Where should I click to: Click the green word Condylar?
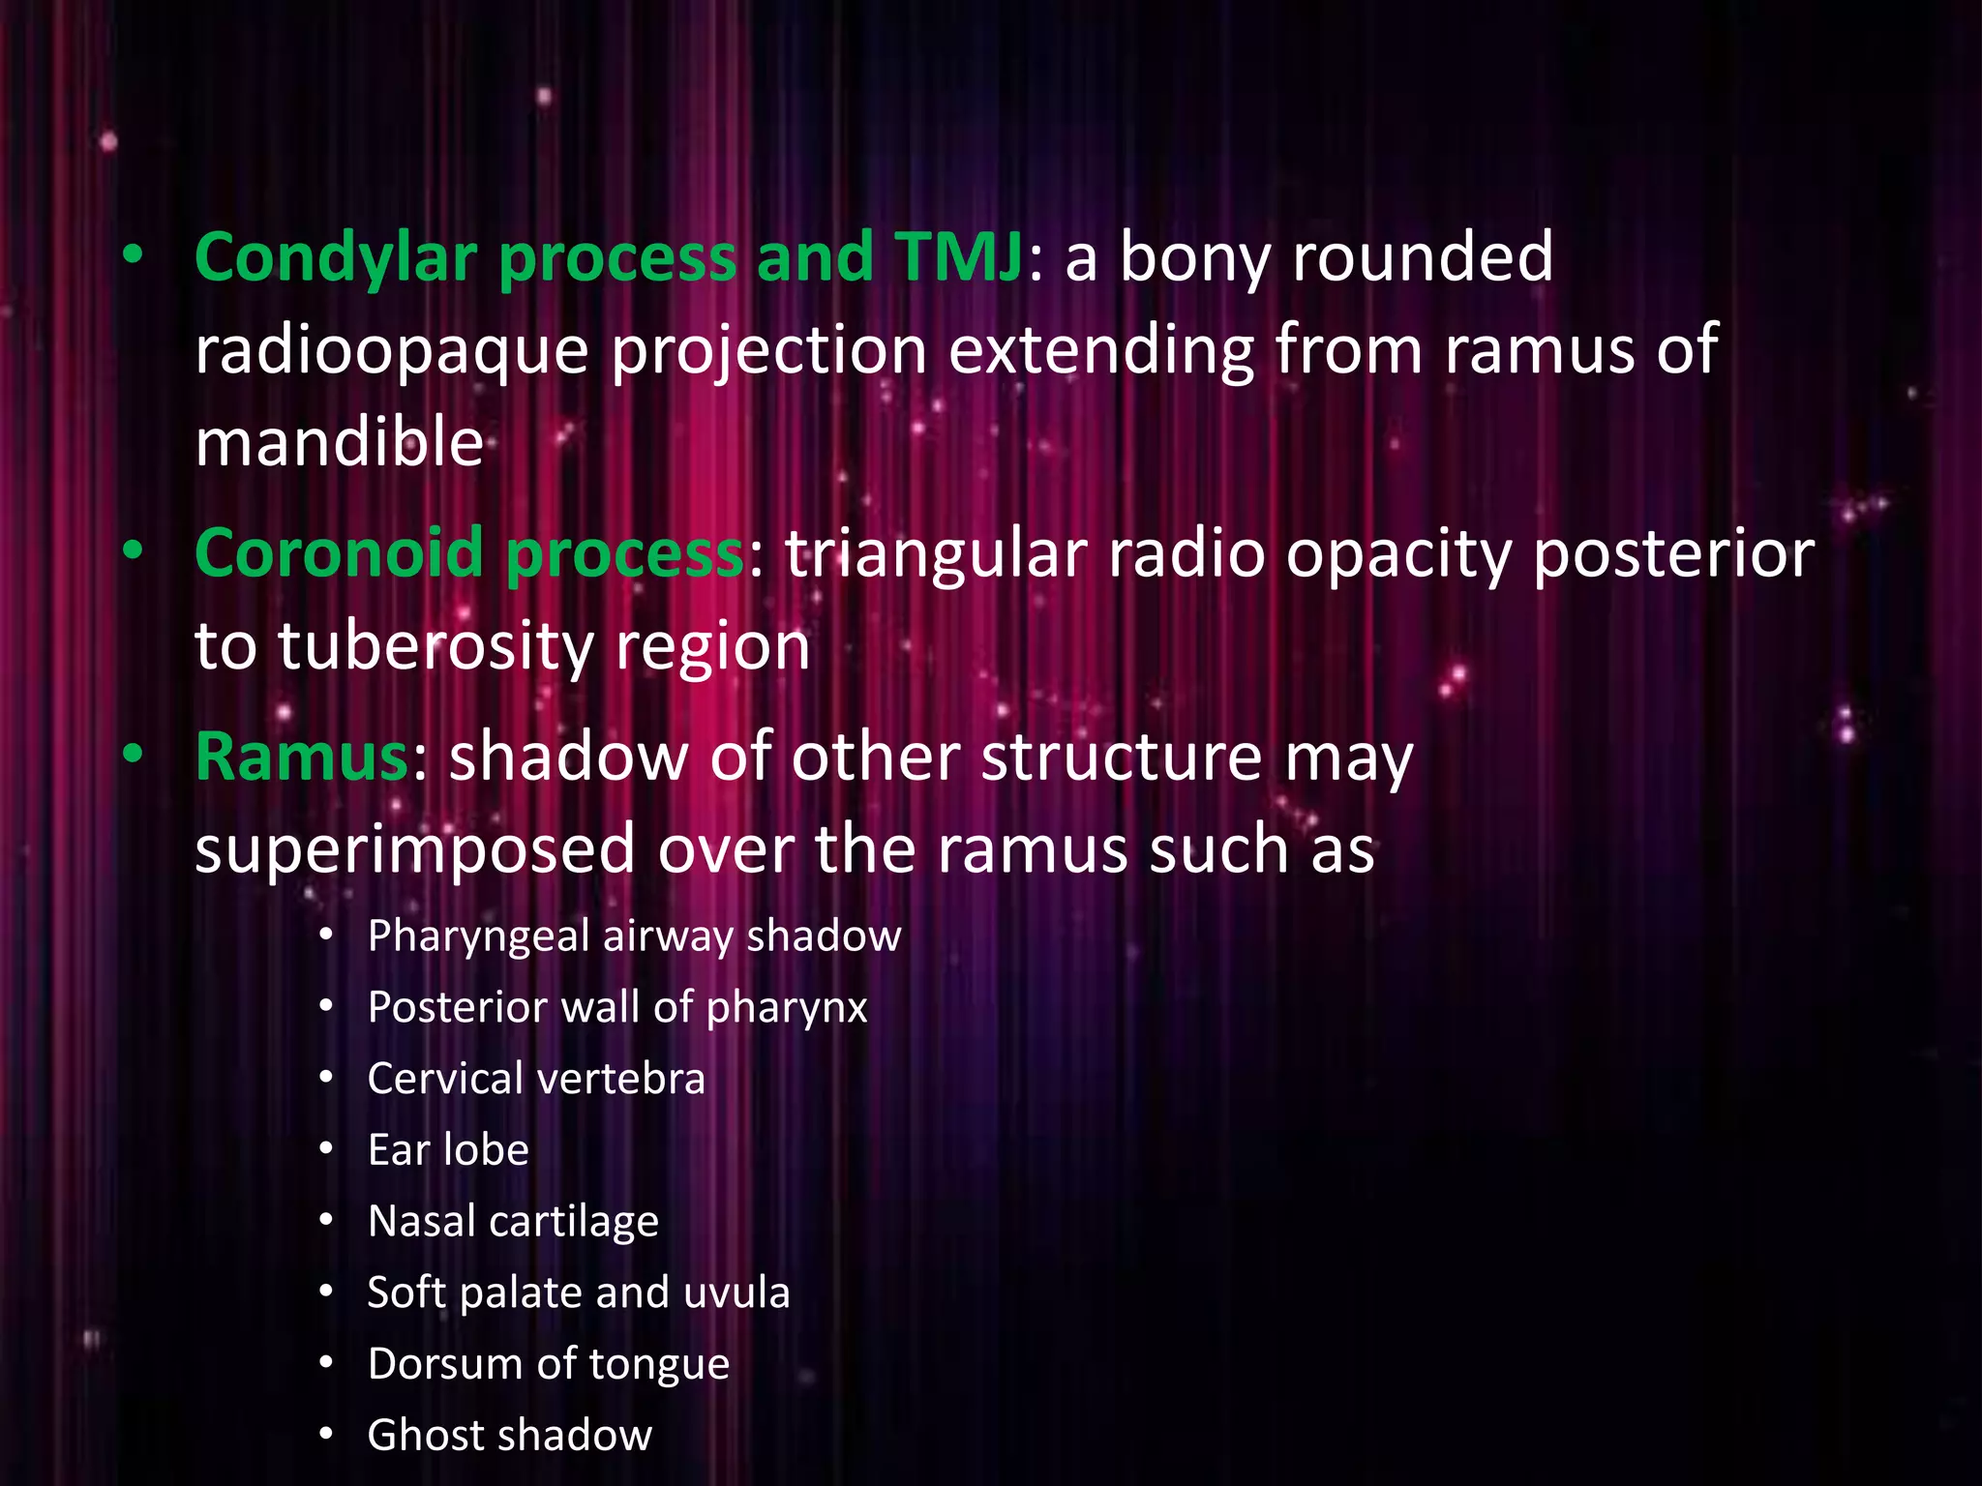[x=336, y=259]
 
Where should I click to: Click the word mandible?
[x=339, y=443]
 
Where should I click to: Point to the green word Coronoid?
[x=339, y=554]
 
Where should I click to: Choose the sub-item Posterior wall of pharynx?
[x=617, y=1008]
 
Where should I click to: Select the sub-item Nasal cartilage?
[x=513, y=1222]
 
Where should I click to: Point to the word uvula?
[x=736, y=1293]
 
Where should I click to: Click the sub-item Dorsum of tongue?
[x=548, y=1365]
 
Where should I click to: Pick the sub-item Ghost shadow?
[x=509, y=1436]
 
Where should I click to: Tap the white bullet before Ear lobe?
[x=327, y=1150]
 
